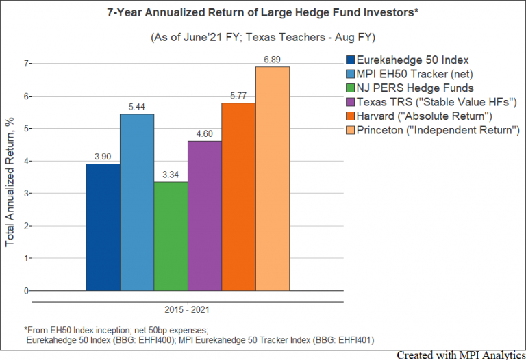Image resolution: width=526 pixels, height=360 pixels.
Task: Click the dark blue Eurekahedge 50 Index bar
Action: [x=103, y=227]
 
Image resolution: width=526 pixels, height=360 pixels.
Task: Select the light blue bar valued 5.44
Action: [x=136, y=202]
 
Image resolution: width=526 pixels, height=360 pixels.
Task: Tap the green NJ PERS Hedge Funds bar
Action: [x=171, y=236]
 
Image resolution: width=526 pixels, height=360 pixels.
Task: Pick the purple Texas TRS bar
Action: [x=204, y=216]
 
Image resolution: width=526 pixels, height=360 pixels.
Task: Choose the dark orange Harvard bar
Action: [x=238, y=196]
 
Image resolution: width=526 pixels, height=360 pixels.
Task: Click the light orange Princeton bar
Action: [x=273, y=179]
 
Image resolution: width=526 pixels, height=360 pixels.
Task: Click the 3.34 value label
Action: [x=171, y=175]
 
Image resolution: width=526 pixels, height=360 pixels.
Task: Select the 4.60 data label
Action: [x=204, y=135]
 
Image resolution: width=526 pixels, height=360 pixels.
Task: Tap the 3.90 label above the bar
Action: [x=103, y=157]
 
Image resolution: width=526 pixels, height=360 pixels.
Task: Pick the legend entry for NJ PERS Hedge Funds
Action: [x=414, y=88]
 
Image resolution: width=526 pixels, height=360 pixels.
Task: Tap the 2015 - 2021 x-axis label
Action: [x=187, y=310]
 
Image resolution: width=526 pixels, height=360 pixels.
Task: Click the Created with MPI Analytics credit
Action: [x=460, y=355]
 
